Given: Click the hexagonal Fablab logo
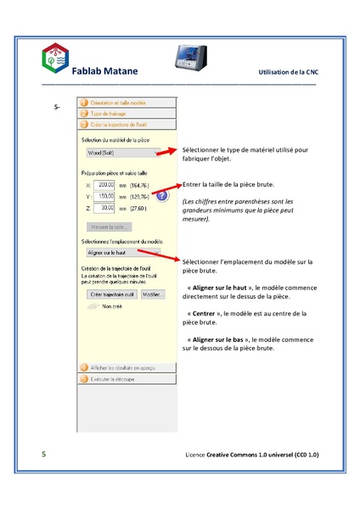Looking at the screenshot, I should pyautogui.click(x=56, y=59).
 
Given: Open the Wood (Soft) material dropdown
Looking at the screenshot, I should pyautogui.click(x=122, y=154).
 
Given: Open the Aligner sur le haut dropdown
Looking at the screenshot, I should pyautogui.click(x=123, y=252).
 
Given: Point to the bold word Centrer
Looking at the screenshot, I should pyautogui.click(x=206, y=313).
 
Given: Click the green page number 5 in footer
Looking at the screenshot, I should pyautogui.click(x=43, y=456).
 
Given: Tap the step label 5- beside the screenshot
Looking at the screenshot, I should pyautogui.click(x=57, y=108).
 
